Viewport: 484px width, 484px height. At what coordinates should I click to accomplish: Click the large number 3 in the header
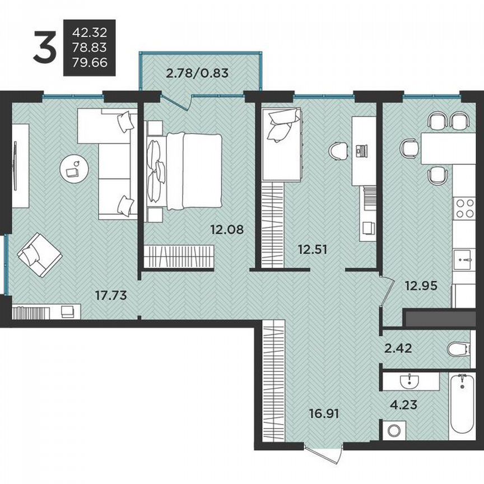click(45, 48)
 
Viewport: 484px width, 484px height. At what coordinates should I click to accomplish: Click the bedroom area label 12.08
click(226, 229)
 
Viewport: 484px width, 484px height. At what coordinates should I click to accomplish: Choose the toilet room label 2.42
click(399, 348)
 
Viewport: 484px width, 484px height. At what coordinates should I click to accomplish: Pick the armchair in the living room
click(39, 254)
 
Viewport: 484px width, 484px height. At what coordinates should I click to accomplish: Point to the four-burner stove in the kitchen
click(465, 209)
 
